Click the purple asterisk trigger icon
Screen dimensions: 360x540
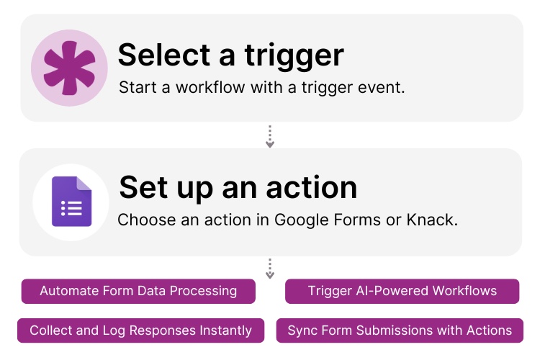click(x=69, y=68)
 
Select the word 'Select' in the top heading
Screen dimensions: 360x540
click(x=166, y=55)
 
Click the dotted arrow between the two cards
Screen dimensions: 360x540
click(x=270, y=136)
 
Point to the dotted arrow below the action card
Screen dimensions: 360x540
click(x=270, y=269)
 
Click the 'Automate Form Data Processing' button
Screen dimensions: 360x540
click(x=138, y=291)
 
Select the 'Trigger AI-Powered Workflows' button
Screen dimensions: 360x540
click(x=402, y=291)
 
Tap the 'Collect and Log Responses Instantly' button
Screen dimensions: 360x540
click(x=140, y=330)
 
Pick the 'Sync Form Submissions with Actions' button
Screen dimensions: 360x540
click(x=400, y=330)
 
